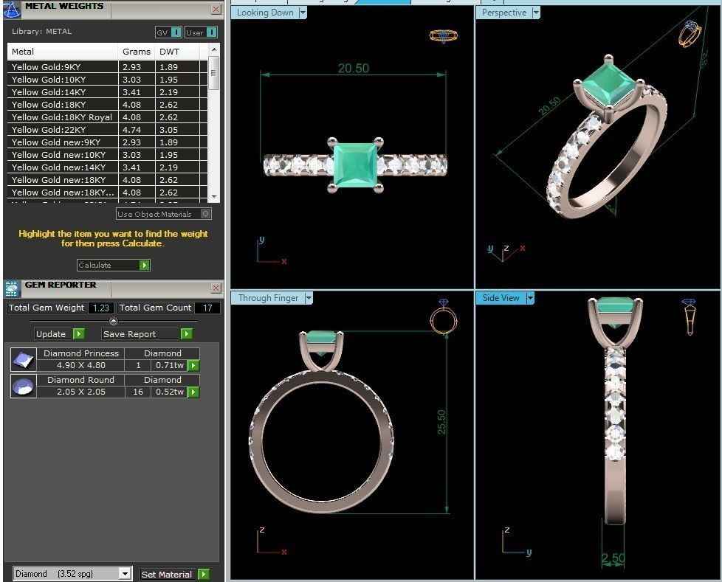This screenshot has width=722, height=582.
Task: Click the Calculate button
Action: (x=113, y=265)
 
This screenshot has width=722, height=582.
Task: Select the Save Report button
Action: (x=147, y=334)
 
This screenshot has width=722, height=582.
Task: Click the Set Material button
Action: (x=174, y=574)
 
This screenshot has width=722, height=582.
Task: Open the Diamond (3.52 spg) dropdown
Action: (x=125, y=574)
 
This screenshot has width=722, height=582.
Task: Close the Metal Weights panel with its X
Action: (x=216, y=10)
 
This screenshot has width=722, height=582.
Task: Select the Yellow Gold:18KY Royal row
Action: (x=61, y=117)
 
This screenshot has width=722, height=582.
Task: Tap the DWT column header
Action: (x=169, y=52)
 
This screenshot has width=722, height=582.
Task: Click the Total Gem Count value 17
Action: (x=207, y=308)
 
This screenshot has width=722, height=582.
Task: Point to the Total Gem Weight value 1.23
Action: (x=100, y=308)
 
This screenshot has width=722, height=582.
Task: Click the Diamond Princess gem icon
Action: (x=23, y=359)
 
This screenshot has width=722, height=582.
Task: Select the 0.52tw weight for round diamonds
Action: (x=169, y=392)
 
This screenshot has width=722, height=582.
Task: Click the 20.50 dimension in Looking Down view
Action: (x=353, y=68)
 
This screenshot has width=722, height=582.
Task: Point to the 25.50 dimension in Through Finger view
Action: (x=441, y=422)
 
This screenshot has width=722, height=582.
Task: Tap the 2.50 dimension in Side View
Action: (x=613, y=558)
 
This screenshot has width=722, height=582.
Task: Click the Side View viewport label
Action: (x=501, y=298)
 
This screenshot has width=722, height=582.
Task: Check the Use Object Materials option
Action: (x=205, y=214)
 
